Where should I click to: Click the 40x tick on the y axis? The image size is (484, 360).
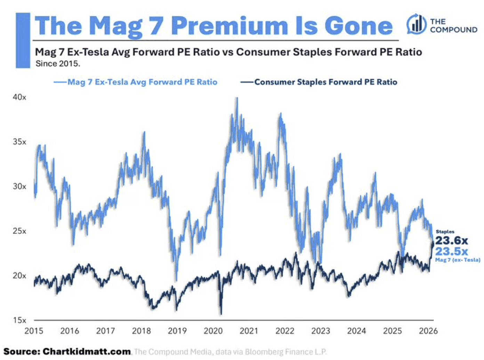tap(19, 97)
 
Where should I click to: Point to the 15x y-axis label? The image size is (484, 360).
tap(19, 320)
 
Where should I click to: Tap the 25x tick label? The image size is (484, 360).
tap(19, 231)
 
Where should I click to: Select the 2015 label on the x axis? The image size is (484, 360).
tap(34, 331)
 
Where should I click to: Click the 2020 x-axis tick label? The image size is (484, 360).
tap(213, 331)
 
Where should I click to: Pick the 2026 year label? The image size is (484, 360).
tap(428, 331)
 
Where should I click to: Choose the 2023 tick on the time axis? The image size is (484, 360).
tap(321, 331)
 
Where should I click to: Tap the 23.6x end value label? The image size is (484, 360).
tap(451, 240)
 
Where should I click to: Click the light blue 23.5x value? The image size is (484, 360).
tap(451, 251)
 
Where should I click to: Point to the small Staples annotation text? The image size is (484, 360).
tap(445, 232)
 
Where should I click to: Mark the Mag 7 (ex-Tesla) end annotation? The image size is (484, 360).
tap(458, 260)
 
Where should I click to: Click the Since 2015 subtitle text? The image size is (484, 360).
tap(58, 64)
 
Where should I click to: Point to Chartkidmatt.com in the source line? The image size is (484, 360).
tap(87, 352)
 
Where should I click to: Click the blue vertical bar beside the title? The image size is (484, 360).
tap(23, 40)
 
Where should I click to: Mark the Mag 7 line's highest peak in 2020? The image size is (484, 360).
tap(237, 98)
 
